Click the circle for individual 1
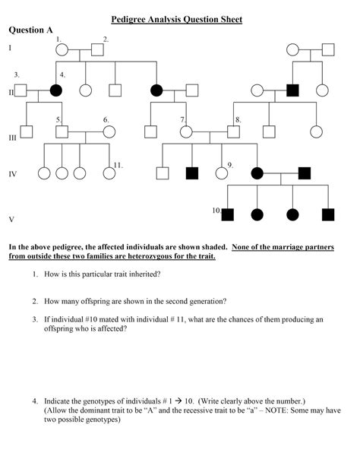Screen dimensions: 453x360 click(62, 51)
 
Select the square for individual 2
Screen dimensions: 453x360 click(97, 51)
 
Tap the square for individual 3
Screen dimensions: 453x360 click(21, 90)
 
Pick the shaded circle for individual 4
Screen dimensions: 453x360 click(55, 90)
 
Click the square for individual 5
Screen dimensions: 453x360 click(62, 131)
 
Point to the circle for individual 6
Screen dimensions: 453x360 click(109, 131)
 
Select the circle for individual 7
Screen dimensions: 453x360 click(186, 131)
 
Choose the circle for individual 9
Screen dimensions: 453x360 click(222, 173)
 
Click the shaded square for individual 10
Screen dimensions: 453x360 click(227, 214)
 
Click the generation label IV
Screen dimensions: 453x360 click(12, 174)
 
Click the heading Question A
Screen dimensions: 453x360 click(30, 30)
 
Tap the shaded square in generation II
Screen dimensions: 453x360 click(292, 90)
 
